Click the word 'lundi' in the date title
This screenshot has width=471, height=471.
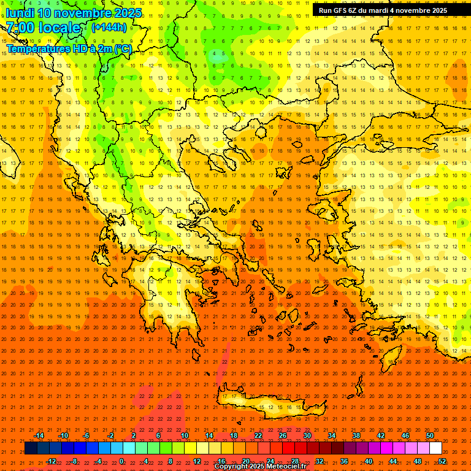[20, 13]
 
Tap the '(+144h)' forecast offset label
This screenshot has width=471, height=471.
[109, 27]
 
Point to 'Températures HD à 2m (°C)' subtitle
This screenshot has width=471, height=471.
[69, 48]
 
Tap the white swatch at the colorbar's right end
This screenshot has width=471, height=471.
[435, 448]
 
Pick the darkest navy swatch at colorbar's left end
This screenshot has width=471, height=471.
[31, 448]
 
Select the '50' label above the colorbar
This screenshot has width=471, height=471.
[430, 435]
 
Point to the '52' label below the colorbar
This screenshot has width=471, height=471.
[442, 461]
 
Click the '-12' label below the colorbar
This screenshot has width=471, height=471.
[51, 461]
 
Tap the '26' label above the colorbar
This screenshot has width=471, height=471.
[283, 435]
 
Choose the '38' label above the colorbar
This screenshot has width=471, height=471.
[356, 435]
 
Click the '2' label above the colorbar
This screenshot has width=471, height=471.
[134, 435]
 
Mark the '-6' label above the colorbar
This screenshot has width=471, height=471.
[86, 435]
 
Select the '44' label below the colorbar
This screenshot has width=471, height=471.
[393, 461]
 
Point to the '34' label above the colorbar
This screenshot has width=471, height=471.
[332, 435]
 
